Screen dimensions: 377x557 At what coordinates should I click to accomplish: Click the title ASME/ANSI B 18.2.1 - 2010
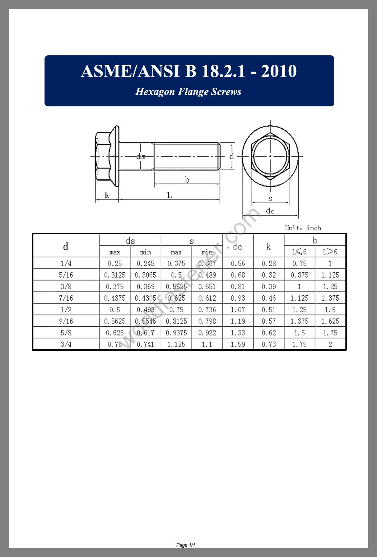tap(188, 71)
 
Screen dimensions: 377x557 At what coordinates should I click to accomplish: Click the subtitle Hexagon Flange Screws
tap(188, 92)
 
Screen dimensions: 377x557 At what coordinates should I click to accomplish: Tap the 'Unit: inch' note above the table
tap(303, 228)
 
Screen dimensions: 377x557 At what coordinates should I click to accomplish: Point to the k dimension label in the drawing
tap(107, 195)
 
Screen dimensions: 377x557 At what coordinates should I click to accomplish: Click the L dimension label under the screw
tap(169, 195)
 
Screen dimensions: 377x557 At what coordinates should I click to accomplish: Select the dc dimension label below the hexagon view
tap(270, 211)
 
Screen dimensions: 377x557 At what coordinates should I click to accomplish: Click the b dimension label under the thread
tap(187, 180)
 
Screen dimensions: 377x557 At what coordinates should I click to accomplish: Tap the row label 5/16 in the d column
tap(66, 275)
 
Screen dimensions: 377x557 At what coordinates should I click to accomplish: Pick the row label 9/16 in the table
tap(66, 321)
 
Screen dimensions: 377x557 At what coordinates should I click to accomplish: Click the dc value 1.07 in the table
tap(238, 309)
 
